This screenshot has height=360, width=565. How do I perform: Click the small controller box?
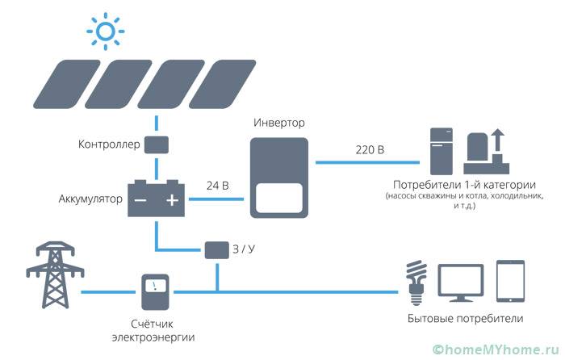(x=156, y=145)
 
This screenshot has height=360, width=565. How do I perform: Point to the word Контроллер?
(x=109, y=145)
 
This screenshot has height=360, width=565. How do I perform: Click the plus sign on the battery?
(x=171, y=199)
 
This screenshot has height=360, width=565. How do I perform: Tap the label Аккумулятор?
(x=90, y=199)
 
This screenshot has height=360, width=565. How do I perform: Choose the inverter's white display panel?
(x=278, y=196)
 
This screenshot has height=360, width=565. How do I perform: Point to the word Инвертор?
(x=279, y=123)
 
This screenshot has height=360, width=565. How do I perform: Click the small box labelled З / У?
(x=216, y=249)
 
